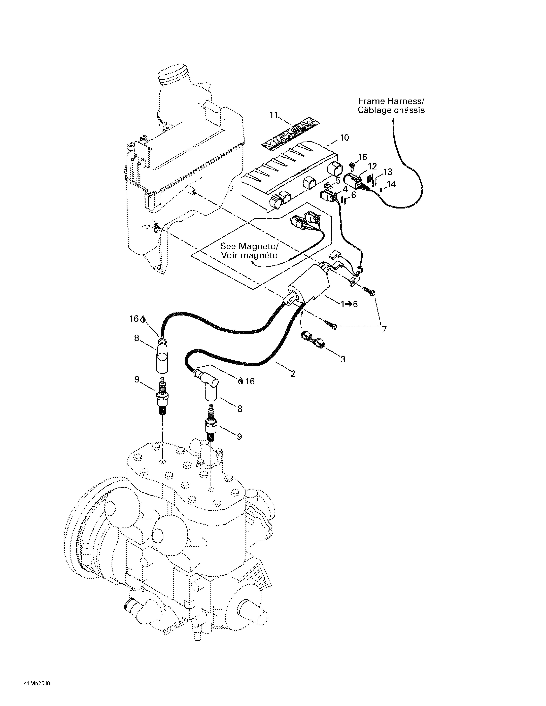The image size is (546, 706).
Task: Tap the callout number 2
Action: coord(293,374)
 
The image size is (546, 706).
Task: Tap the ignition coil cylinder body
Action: coord(309,284)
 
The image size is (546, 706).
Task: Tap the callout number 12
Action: coord(372,166)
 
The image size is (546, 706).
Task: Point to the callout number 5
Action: coord(338,180)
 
